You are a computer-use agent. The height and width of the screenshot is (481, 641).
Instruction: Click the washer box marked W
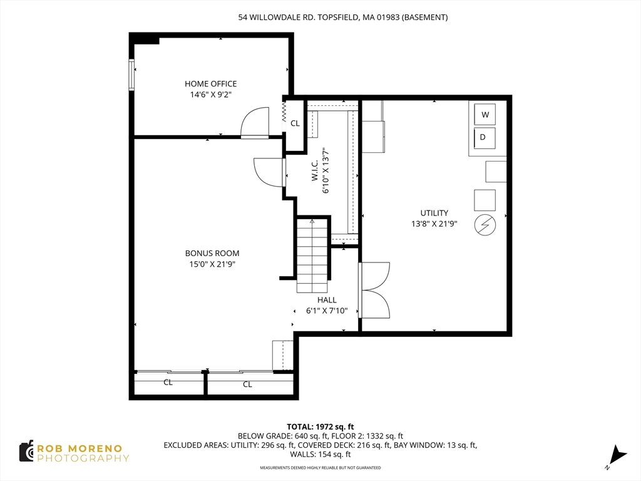[485, 114]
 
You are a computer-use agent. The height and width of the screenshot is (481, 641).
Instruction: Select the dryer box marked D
[485, 138]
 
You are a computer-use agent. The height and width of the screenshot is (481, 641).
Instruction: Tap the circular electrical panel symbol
[485, 225]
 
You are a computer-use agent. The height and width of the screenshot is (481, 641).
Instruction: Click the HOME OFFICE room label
[210, 84]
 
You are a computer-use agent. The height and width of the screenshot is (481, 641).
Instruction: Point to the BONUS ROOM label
[212, 253]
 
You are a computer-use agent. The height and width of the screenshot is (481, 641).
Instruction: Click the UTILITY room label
[434, 213]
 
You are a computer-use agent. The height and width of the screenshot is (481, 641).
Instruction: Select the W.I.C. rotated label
[315, 170]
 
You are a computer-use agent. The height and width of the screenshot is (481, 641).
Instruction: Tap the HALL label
[327, 300]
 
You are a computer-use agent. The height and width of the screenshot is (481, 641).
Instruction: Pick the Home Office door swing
[254, 123]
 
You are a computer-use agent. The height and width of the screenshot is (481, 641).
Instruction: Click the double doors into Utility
[374, 290]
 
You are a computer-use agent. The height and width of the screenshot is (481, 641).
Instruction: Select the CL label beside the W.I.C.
[295, 123]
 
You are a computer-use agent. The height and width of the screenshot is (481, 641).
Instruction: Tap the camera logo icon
[26, 452]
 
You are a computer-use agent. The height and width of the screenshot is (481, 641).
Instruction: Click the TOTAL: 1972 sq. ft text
[320, 427]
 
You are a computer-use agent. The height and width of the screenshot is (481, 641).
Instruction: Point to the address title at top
[343, 17]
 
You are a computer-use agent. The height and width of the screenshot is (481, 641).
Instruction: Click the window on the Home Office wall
[131, 75]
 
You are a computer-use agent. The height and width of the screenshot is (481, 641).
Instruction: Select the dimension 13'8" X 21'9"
[434, 224]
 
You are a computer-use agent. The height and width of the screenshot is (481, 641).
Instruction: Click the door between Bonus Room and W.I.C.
[269, 172]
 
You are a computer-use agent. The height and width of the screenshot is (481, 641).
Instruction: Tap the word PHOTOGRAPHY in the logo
[83, 458]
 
